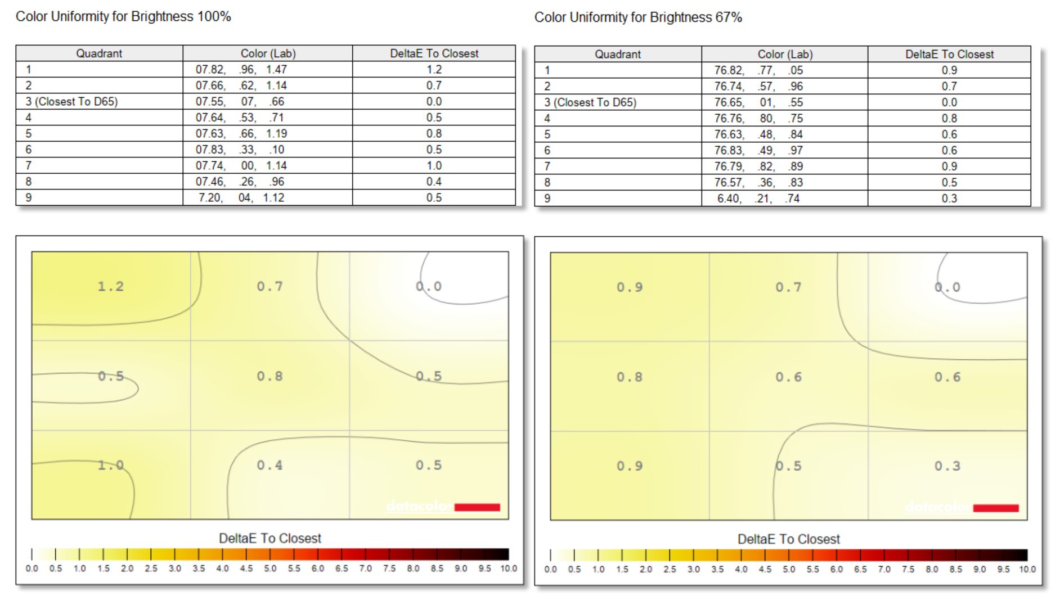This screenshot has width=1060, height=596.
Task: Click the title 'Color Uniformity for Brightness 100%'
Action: (x=123, y=16)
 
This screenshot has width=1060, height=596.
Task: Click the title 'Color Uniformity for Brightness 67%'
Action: (x=638, y=17)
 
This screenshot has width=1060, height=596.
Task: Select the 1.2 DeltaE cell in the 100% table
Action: (x=434, y=69)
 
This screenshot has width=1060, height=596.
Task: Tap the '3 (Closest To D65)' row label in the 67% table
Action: (x=590, y=102)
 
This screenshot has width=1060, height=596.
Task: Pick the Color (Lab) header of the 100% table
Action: (x=268, y=53)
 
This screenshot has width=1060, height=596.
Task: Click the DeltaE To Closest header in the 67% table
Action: (x=949, y=54)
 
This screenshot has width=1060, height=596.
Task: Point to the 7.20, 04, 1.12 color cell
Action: (x=241, y=197)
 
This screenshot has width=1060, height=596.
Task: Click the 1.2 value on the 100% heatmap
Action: (x=110, y=286)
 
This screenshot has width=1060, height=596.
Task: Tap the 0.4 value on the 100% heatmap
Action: (x=270, y=465)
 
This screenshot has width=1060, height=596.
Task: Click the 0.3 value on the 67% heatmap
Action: (x=947, y=466)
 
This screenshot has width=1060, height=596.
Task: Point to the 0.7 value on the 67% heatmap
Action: (x=788, y=287)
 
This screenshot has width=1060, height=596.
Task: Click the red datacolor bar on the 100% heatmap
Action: (x=477, y=507)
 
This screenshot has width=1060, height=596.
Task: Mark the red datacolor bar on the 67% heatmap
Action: (x=996, y=508)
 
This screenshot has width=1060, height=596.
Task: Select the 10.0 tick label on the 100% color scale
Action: (x=508, y=568)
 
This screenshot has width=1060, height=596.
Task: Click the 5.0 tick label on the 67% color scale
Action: (x=789, y=569)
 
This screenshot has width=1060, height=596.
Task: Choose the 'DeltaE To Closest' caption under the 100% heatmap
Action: (x=270, y=538)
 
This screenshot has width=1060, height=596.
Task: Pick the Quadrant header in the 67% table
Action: (x=618, y=54)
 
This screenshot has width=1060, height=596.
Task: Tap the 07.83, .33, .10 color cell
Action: (x=240, y=150)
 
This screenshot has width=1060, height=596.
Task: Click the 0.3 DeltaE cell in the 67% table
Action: (x=949, y=198)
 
